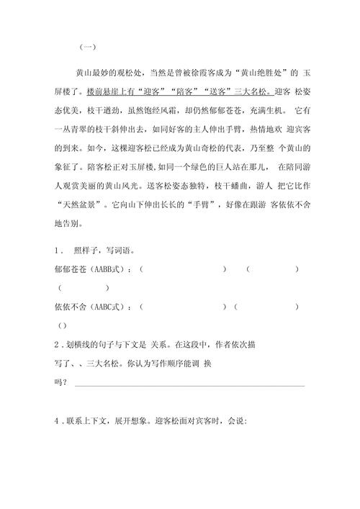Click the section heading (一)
click(86, 47)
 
